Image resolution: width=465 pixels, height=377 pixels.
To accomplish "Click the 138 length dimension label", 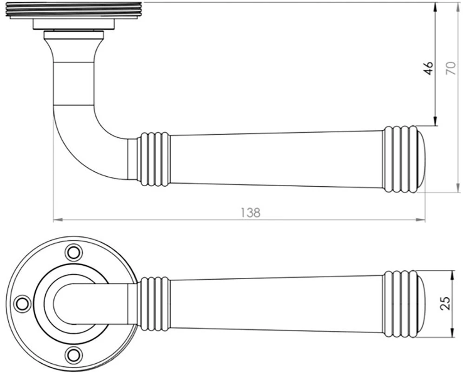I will click(251, 212).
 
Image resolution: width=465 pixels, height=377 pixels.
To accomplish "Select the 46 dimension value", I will click(429, 67).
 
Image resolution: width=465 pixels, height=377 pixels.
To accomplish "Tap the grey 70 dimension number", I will click(450, 67).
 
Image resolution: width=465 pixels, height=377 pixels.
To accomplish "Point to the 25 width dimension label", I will click(445, 303).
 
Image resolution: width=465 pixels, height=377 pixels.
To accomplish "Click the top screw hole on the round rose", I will click(73, 252).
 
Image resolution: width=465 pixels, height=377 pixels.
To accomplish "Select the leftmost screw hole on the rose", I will click(21, 303).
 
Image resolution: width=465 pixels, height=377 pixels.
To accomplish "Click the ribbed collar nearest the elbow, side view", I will click(154, 159).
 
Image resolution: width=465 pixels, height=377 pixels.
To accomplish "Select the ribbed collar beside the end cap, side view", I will click(398, 159).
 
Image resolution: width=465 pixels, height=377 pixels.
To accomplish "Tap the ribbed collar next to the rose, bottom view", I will click(154, 303).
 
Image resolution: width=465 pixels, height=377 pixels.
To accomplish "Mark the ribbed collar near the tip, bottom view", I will click(398, 303).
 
